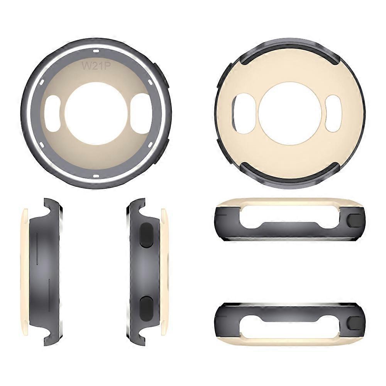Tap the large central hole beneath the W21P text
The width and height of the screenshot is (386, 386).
pos(96,113)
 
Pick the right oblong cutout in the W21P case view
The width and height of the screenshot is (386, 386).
pos(140,113)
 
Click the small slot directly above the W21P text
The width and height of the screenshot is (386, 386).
pos(96,51)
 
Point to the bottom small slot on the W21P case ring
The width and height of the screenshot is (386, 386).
pos(96,176)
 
